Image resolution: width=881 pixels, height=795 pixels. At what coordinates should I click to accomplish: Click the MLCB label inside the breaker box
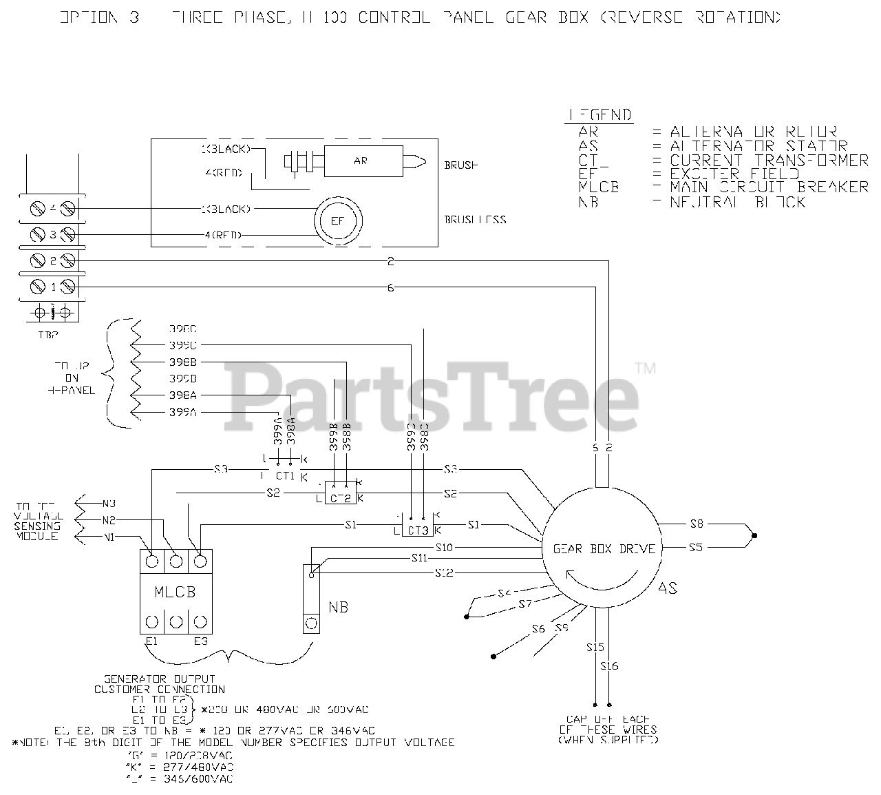point(176,591)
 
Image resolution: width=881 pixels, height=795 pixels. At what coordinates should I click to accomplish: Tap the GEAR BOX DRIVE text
point(604,549)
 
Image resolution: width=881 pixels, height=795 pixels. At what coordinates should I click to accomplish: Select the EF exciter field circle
point(337,221)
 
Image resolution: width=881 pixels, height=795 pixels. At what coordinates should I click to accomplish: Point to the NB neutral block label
point(338,607)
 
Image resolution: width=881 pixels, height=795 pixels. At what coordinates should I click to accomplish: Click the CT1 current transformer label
point(285,475)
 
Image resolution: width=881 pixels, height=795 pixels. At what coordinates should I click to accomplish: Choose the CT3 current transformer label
point(418,530)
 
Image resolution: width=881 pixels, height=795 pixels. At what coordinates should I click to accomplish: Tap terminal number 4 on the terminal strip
point(52,209)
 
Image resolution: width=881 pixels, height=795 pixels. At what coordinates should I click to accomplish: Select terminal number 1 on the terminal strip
point(52,286)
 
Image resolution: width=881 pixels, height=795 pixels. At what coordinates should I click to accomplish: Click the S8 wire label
point(697,524)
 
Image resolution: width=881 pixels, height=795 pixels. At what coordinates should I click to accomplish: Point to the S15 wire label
point(595,647)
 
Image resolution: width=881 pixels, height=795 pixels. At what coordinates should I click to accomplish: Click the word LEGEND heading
point(599,115)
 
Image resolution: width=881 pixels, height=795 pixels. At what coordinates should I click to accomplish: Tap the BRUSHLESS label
point(475,220)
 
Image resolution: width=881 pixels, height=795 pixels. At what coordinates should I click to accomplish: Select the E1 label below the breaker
point(152,641)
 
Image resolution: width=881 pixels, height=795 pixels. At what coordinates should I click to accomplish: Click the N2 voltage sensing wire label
point(108,520)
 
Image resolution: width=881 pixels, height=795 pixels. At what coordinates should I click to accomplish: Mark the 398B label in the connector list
point(183,362)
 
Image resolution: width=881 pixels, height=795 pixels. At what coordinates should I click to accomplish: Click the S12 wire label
point(444,572)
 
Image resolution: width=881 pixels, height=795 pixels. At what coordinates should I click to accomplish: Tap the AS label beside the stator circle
point(668,588)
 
